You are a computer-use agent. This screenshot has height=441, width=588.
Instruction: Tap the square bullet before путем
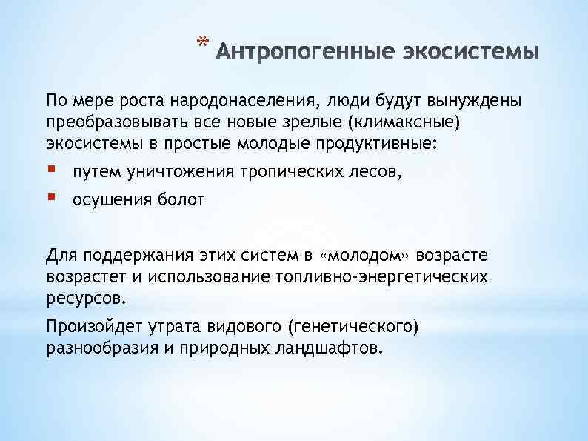(x=51, y=172)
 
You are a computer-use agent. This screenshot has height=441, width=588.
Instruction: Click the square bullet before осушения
(x=51, y=199)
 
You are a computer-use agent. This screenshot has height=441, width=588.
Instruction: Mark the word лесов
(x=377, y=173)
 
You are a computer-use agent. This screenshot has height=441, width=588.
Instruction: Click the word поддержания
(x=138, y=256)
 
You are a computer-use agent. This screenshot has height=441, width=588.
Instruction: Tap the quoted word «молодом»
(x=364, y=256)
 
